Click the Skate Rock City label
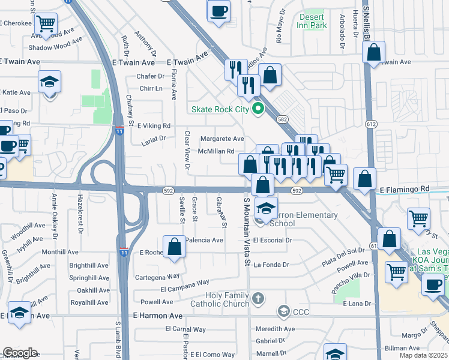tap(219, 109)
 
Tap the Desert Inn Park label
tap(313, 22)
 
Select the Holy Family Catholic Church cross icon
tap(258, 298)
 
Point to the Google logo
tap(20, 353)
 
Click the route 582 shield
tap(283, 119)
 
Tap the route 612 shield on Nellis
tap(372, 124)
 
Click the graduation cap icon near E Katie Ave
tap(50, 83)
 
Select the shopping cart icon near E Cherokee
tap(46, 25)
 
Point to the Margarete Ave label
tap(222, 139)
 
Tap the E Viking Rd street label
tap(154, 126)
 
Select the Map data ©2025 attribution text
tap(424, 355)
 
